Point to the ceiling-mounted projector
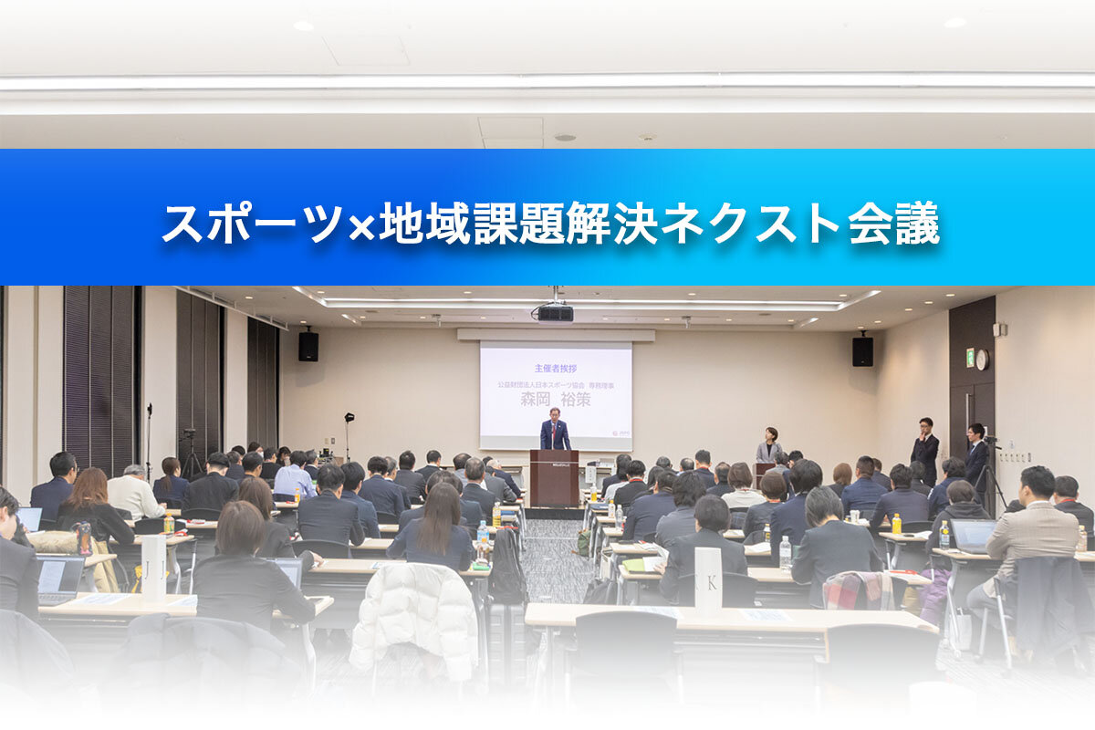(555, 312)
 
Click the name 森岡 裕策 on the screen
(556, 399)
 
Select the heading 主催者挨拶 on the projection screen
(556, 368)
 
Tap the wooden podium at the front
(555, 477)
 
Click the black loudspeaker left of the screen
(308, 346)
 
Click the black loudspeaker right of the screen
(862, 350)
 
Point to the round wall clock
(982, 359)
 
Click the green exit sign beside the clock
(970, 358)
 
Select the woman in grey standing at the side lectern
(769, 446)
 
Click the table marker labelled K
(708, 577)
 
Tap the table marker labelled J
(154, 568)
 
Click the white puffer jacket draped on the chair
(414, 620)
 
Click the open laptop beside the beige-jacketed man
(973, 537)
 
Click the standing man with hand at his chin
(925, 449)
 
